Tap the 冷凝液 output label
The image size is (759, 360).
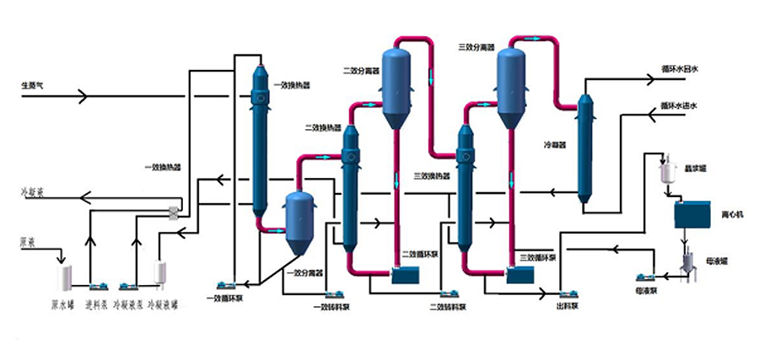[32, 192]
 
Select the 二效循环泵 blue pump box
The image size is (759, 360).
[406, 276]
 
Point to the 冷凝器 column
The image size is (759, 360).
[584, 149]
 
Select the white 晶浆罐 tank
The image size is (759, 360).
[670, 172]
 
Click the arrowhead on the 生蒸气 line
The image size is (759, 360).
[82, 96]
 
